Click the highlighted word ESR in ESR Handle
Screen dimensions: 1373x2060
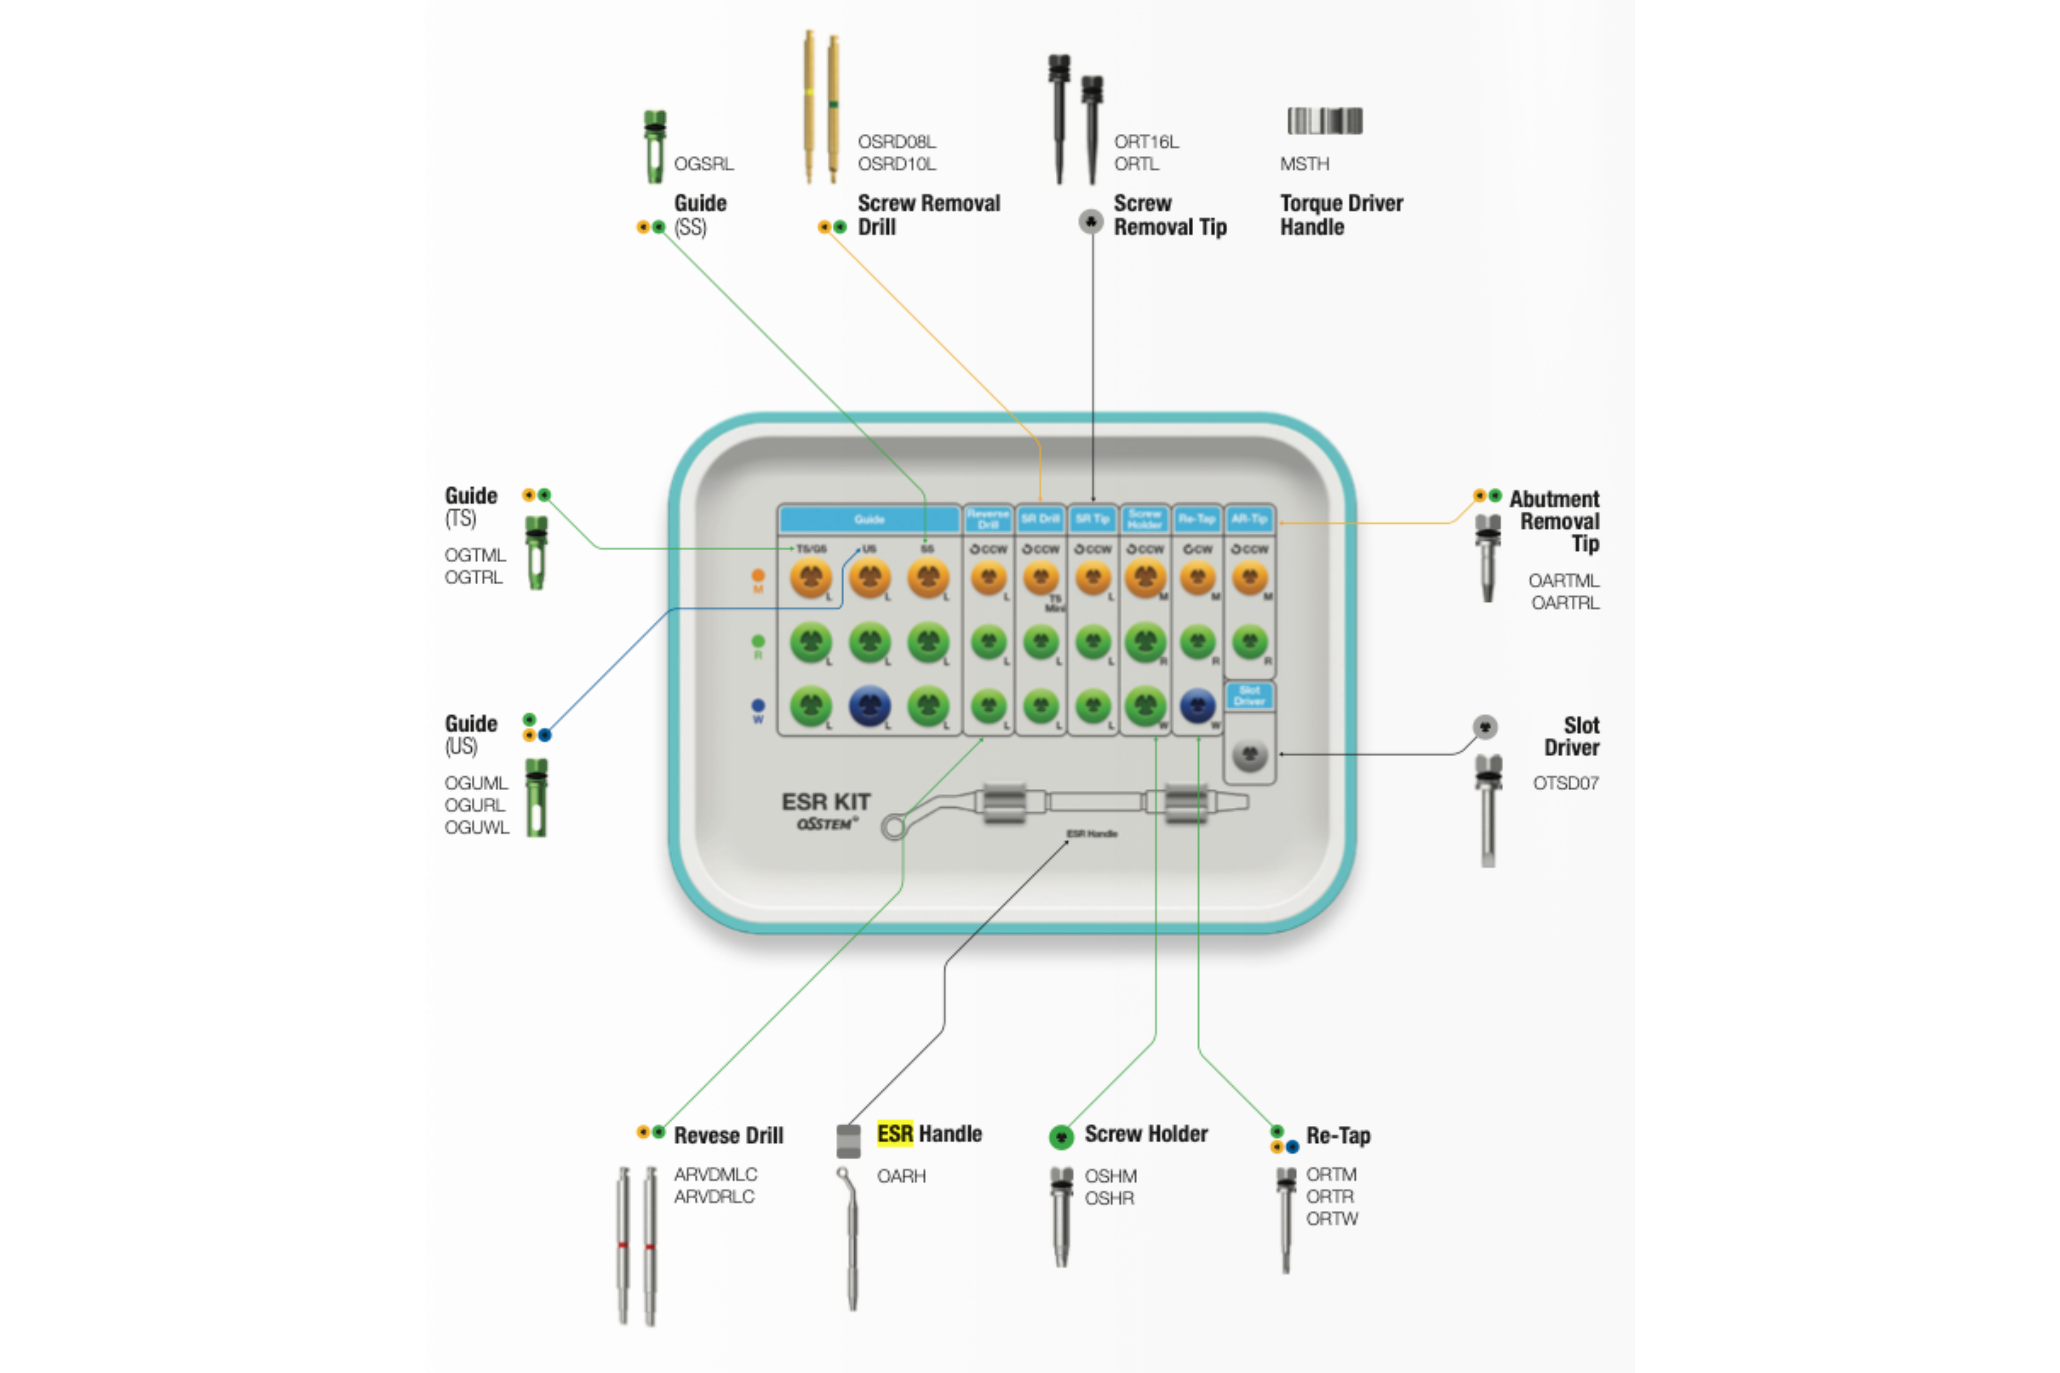point(894,1134)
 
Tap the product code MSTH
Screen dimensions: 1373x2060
point(1304,164)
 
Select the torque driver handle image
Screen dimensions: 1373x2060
point(1324,121)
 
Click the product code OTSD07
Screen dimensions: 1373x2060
point(1565,783)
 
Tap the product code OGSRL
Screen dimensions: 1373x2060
point(703,164)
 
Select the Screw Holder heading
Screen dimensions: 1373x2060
point(1145,1134)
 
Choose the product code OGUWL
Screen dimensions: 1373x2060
point(476,827)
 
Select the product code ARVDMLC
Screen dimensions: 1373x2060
point(715,1174)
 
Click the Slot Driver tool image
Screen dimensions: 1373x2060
point(1487,810)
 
